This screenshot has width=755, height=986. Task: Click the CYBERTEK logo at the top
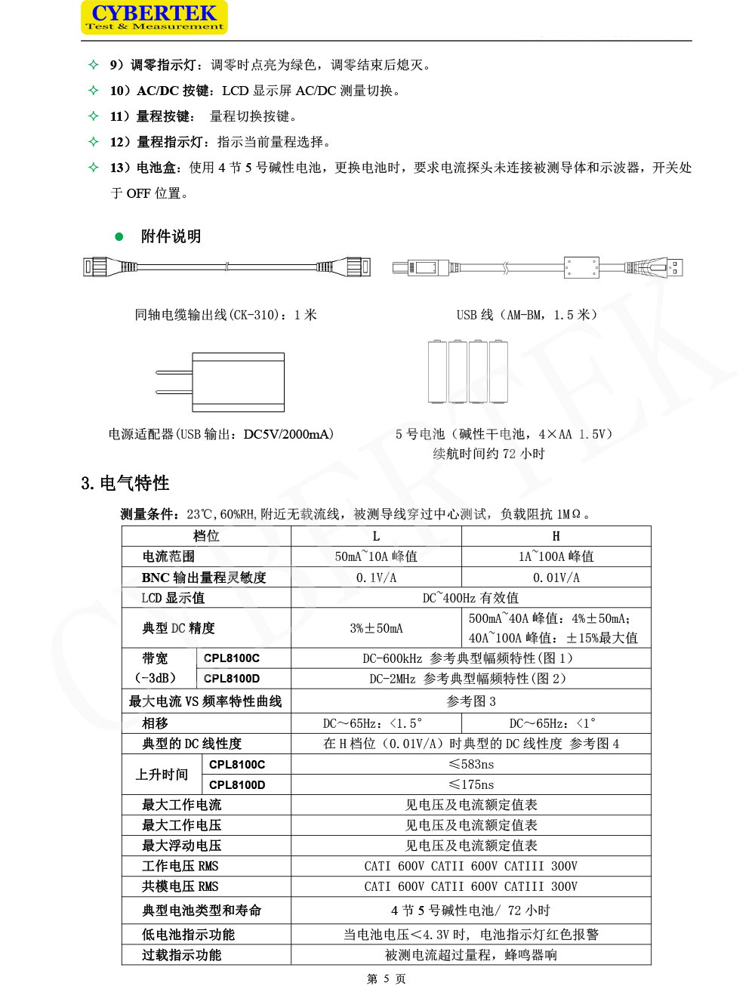click(x=154, y=17)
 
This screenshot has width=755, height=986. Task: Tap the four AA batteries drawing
click(x=468, y=371)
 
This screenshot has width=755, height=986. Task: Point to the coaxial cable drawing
click(x=226, y=267)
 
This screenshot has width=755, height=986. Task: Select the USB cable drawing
click(x=537, y=267)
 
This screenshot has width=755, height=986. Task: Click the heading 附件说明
click(x=171, y=236)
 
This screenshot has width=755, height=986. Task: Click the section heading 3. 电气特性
click(x=125, y=483)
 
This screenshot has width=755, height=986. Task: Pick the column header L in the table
click(x=376, y=536)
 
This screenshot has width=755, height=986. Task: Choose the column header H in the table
click(x=556, y=536)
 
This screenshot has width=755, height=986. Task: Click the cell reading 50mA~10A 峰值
click(x=376, y=556)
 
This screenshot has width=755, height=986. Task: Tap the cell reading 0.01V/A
click(x=556, y=578)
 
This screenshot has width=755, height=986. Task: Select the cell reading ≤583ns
click(x=471, y=764)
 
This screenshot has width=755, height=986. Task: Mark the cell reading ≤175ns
click(x=471, y=784)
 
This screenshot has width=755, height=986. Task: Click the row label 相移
click(x=156, y=723)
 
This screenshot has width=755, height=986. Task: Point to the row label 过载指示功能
click(x=181, y=955)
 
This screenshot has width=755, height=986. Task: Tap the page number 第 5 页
click(x=386, y=978)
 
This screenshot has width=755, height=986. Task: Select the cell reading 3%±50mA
click(x=376, y=628)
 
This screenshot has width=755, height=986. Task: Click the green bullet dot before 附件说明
click(x=119, y=236)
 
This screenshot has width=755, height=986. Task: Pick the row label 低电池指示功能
click(x=188, y=935)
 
